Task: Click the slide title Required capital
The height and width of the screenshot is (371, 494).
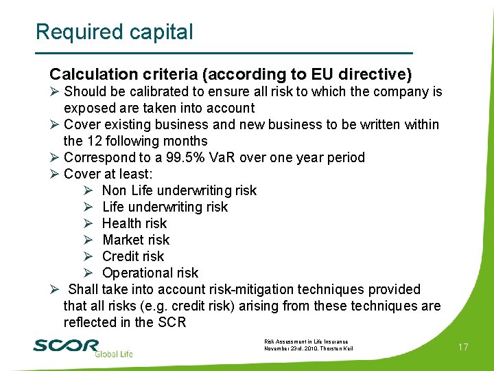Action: tap(114, 32)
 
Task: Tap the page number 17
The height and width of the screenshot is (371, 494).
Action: tap(463, 347)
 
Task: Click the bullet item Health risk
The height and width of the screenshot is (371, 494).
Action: tap(134, 223)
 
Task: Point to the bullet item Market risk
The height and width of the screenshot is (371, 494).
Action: tap(135, 240)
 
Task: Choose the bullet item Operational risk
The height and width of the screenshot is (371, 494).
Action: tap(150, 273)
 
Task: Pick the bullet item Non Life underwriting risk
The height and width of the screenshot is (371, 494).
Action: tap(179, 190)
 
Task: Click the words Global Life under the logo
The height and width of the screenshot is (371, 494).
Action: tap(113, 354)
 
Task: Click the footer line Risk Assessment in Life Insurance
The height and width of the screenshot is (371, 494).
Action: tap(305, 341)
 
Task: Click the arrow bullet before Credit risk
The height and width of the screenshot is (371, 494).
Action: tap(88, 256)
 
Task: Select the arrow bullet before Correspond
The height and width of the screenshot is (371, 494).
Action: tap(55, 157)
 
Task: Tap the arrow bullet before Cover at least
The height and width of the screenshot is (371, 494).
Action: tap(55, 174)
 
